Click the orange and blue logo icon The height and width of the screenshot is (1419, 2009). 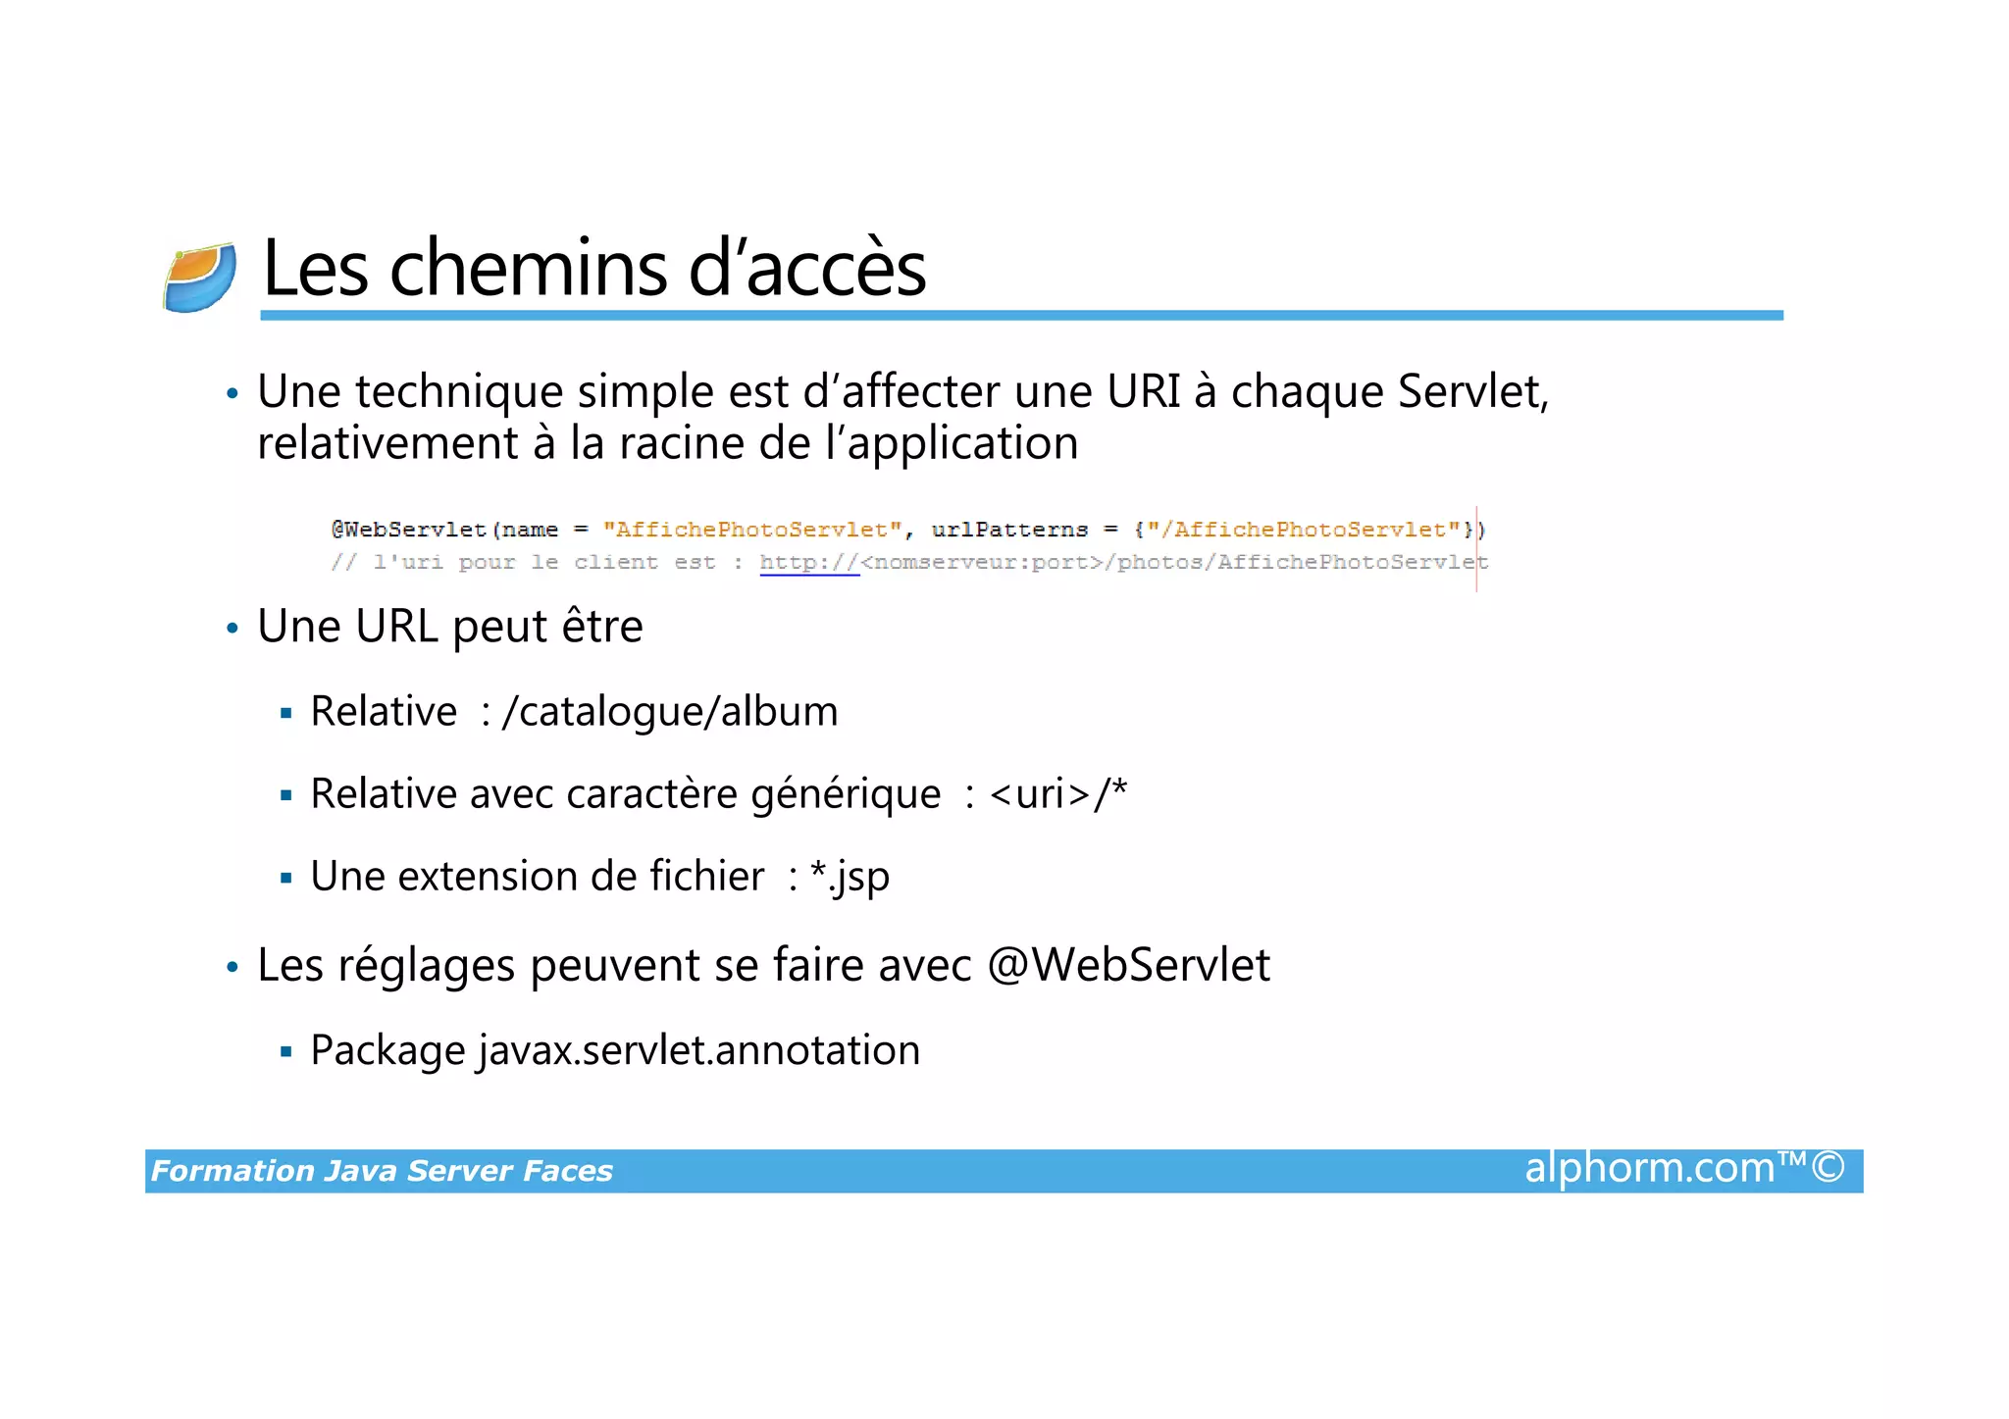click(x=200, y=278)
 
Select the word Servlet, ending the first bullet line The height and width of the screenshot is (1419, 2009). click(x=1472, y=391)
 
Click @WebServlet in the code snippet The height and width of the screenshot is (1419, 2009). click(x=408, y=530)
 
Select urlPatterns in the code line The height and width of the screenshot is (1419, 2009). click(x=1009, y=530)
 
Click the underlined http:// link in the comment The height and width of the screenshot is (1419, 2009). click(x=809, y=563)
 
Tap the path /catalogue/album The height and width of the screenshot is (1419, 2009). click(x=670, y=712)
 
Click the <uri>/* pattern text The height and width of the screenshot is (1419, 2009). click(x=1058, y=794)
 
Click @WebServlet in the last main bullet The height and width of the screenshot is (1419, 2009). click(x=1128, y=966)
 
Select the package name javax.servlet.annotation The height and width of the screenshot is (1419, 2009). click(x=699, y=1051)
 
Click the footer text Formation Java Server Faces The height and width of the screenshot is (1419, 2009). click(x=382, y=1171)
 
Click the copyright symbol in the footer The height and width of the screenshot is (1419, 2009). click(x=1828, y=1168)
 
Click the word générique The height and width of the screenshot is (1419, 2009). click(x=846, y=794)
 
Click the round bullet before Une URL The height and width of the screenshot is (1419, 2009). click(x=232, y=629)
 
